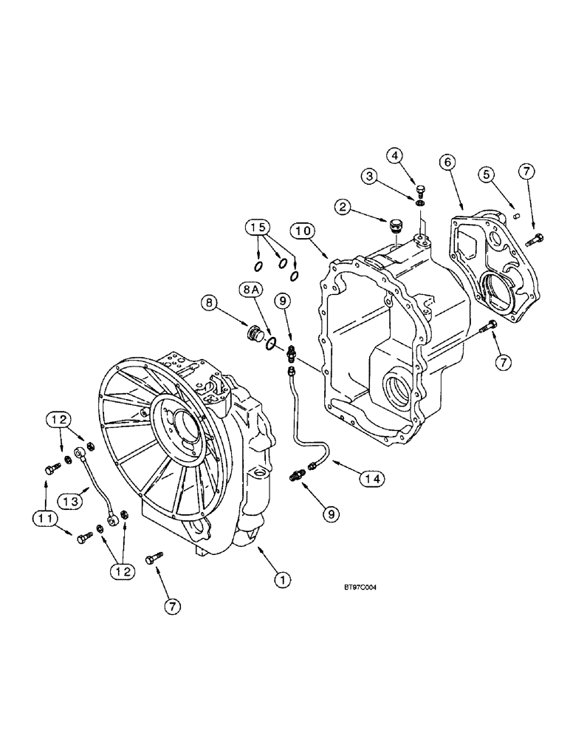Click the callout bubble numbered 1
coord(281,580)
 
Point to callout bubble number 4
coord(396,155)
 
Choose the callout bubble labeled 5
coord(486,176)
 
